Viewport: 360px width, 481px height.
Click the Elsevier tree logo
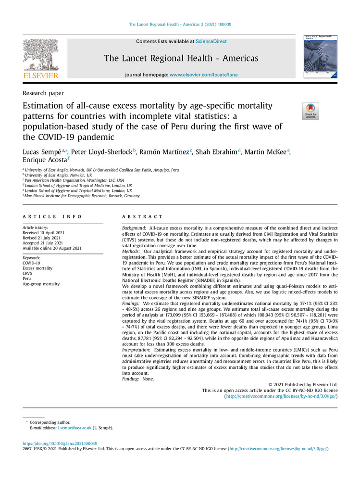40,58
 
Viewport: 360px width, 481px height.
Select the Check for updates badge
310,111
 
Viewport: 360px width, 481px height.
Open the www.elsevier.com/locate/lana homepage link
203,75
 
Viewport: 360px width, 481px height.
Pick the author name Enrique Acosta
43,160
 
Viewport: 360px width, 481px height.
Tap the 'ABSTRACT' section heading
142,216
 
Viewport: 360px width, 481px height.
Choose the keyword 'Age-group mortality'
41,284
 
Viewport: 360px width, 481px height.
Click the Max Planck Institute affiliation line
82,196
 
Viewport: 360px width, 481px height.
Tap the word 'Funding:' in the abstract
129,379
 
